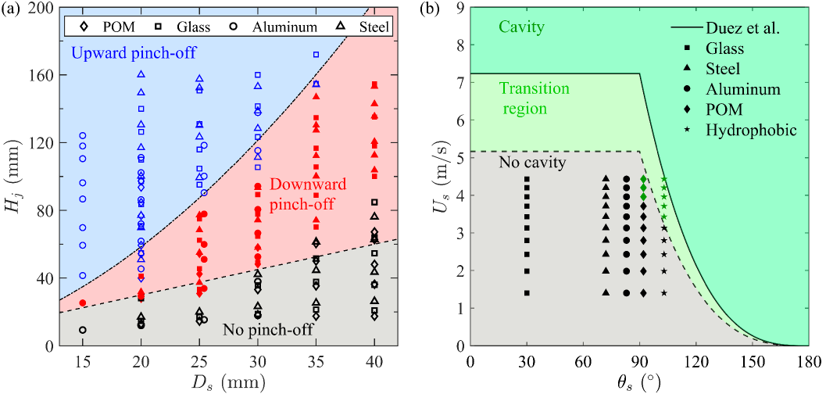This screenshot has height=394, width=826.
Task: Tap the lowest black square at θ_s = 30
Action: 527,293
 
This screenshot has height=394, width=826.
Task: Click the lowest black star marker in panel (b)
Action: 663,293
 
